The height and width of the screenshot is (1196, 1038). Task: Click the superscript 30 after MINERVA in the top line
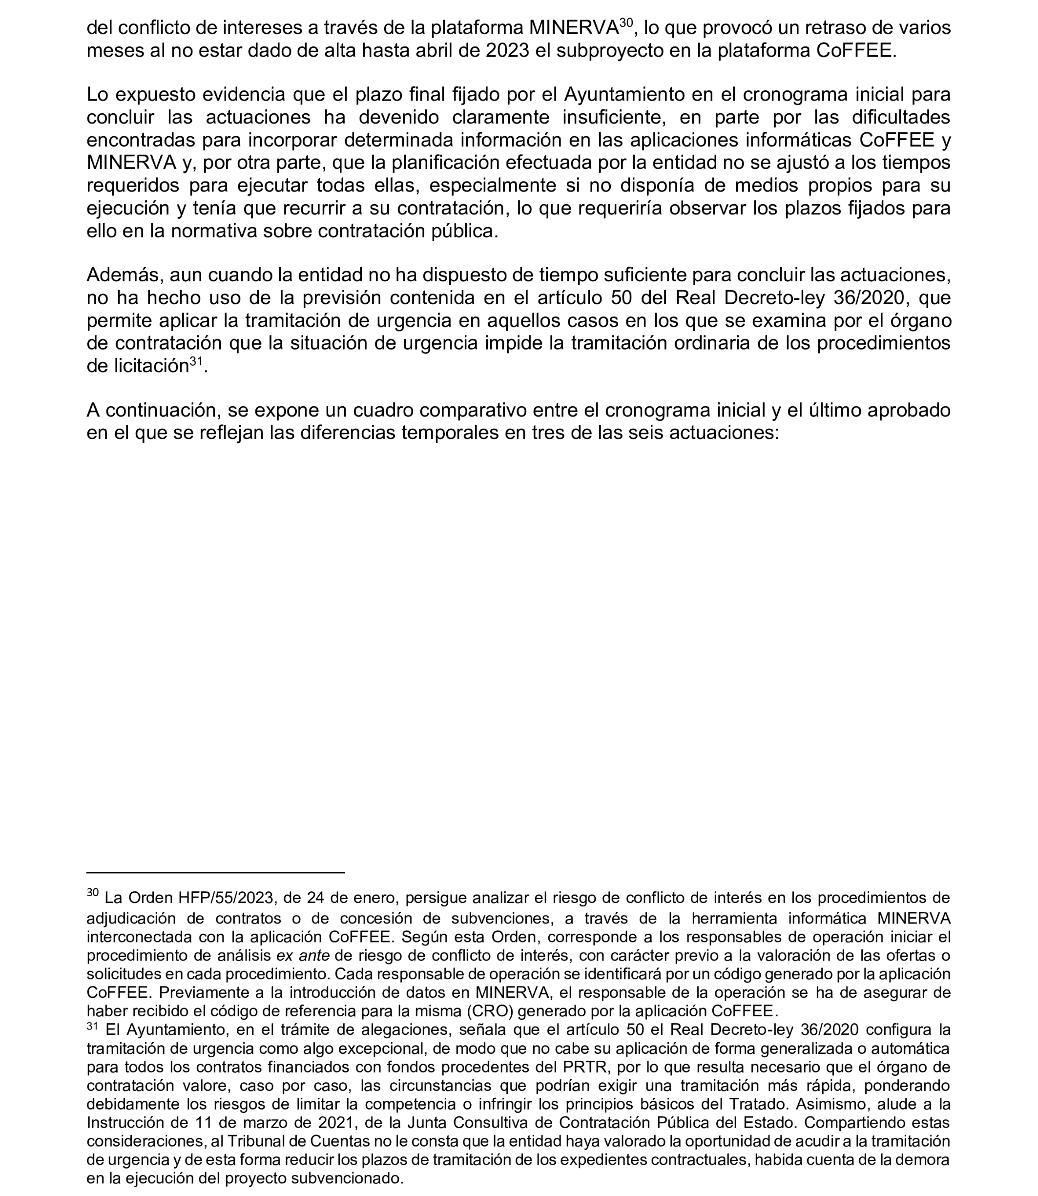point(625,22)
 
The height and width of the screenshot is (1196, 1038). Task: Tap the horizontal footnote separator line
point(215,872)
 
